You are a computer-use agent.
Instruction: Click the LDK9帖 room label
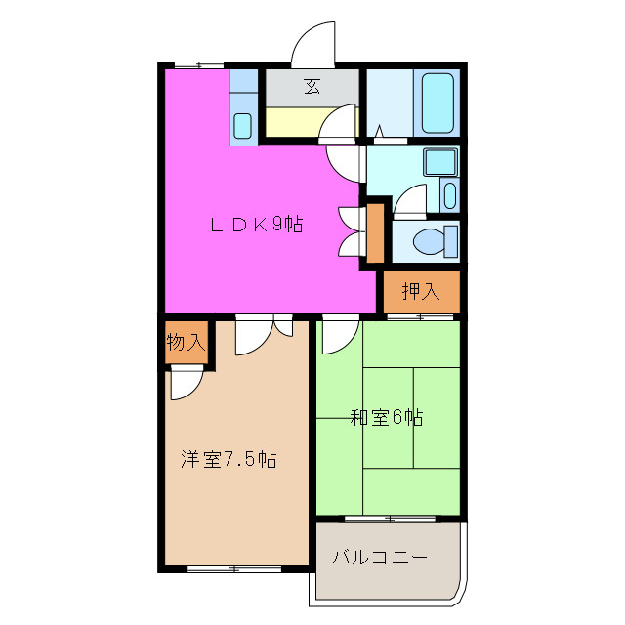click(257, 225)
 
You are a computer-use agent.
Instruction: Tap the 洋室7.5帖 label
click(228, 458)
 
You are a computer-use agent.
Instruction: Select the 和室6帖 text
click(387, 418)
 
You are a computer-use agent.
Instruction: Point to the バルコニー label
click(380, 559)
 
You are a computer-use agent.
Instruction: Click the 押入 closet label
click(421, 291)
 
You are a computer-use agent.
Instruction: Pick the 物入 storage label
click(186, 342)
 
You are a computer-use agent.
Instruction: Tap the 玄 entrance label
click(312, 86)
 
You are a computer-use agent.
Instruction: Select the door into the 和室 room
click(335, 337)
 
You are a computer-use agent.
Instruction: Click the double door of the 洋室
click(264, 334)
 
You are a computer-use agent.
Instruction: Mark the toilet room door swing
click(409, 201)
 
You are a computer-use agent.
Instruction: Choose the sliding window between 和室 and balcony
click(388, 518)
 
